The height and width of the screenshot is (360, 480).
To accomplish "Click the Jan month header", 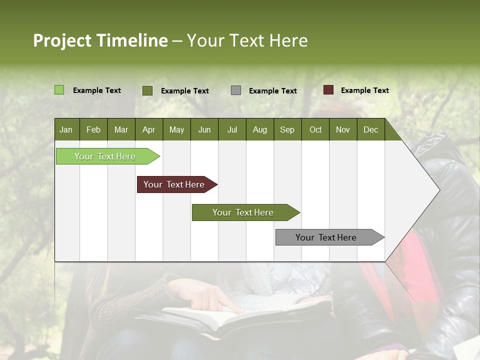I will click(x=66, y=130).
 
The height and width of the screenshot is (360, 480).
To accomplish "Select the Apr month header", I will click(x=148, y=130).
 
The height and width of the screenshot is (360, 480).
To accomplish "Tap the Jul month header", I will click(x=232, y=130).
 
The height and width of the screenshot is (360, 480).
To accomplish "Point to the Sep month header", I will click(x=287, y=130).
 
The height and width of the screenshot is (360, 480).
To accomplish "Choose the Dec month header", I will click(x=370, y=130).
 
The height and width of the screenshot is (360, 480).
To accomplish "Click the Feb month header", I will click(x=93, y=130).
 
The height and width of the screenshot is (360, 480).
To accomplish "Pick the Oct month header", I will click(x=315, y=130).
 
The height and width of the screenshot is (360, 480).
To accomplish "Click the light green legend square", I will click(x=59, y=90).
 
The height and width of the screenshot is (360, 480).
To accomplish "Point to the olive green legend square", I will click(x=147, y=90).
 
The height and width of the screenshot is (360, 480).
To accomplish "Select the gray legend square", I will click(x=235, y=90).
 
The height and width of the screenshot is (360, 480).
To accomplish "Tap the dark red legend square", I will click(x=328, y=90).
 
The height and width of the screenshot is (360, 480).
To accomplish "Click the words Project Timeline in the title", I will click(x=100, y=40).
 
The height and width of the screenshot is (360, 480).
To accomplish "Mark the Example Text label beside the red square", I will click(x=364, y=90).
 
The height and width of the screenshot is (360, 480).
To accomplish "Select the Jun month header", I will click(x=204, y=130).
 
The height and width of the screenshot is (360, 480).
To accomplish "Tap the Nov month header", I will click(x=343, y=130).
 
